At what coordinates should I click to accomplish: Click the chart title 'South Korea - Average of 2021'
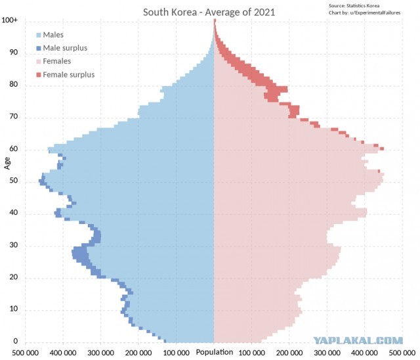coord(209,12)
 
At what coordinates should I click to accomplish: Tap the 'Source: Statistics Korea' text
coord(354,6)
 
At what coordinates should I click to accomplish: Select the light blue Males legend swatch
coord(39,35)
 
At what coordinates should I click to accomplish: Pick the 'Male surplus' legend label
coord(65,48)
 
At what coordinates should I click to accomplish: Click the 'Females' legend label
coord(57,61)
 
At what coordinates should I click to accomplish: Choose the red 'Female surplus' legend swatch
coord(39,75)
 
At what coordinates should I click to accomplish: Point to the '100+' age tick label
coord(10,20)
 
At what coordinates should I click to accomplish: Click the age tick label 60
coord(14,148)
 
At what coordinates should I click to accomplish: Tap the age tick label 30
coord(14,245)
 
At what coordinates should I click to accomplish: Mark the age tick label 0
coord(16,341)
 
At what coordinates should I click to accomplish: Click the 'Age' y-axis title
coord(7,163)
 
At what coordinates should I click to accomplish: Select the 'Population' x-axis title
coord(215,352)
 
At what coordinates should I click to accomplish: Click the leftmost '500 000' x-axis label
coord(26,353)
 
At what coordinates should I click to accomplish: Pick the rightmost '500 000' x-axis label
coord(402,353)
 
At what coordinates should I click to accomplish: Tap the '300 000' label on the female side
coord(327,353)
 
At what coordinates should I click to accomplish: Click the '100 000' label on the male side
coord(177,353)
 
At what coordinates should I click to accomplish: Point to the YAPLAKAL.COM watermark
coord(358,340)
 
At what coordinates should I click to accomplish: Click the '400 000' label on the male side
coord(63,353)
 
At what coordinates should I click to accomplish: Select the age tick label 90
coord(14,52)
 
